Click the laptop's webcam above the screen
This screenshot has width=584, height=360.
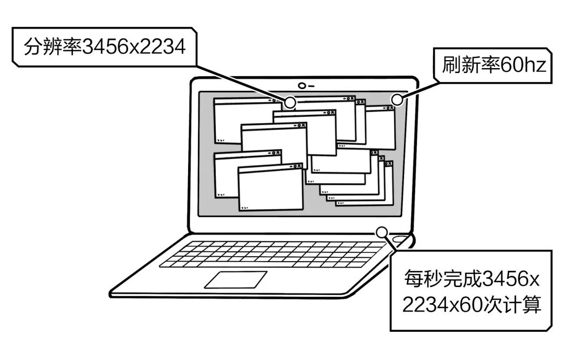click(302, 85)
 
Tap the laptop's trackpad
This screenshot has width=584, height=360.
click(235, 279)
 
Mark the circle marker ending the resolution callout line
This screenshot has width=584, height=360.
click(290, 102)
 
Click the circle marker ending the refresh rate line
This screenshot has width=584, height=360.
click(397, 99)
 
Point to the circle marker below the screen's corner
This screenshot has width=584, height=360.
click(382, 232)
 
